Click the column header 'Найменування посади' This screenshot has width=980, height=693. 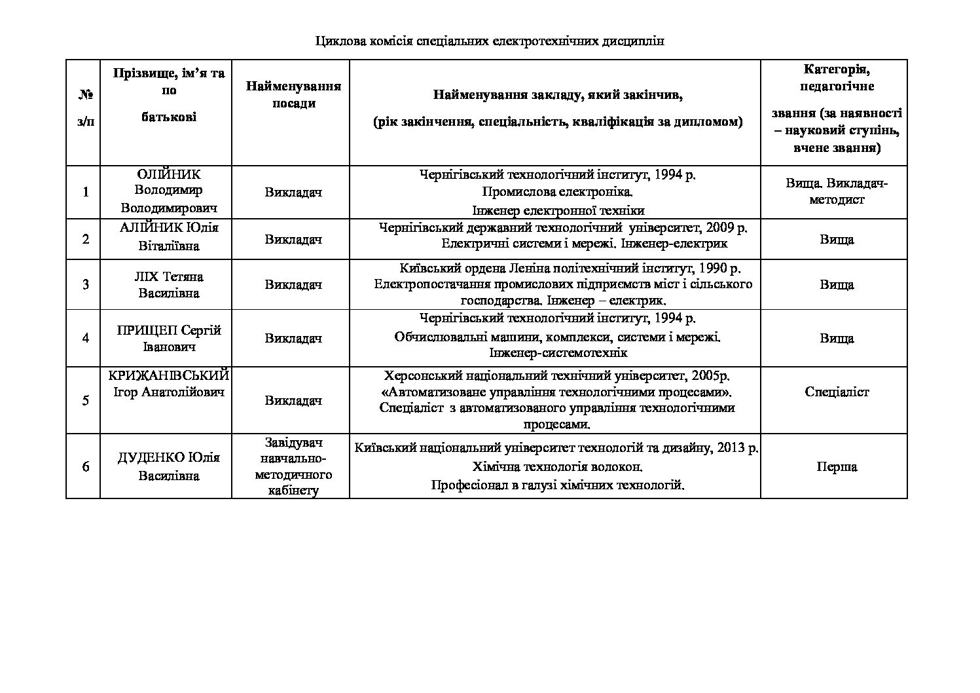293,95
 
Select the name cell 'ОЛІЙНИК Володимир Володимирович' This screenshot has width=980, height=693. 168,191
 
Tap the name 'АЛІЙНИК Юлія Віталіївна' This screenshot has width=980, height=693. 168,236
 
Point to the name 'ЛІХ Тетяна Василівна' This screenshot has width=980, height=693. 168,284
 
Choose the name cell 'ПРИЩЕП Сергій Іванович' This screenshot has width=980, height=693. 168,338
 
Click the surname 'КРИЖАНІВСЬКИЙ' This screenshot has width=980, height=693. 168,376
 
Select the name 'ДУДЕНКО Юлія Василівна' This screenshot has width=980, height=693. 168,466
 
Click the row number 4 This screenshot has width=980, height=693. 85,338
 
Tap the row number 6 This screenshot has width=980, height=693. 85,466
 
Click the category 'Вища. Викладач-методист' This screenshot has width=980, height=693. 836,191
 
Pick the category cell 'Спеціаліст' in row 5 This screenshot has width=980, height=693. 836,392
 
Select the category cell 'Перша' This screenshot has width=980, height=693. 836,467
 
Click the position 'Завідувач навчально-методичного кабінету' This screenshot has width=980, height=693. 293,466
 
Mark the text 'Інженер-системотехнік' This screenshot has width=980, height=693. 558,353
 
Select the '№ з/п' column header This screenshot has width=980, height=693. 85,109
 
